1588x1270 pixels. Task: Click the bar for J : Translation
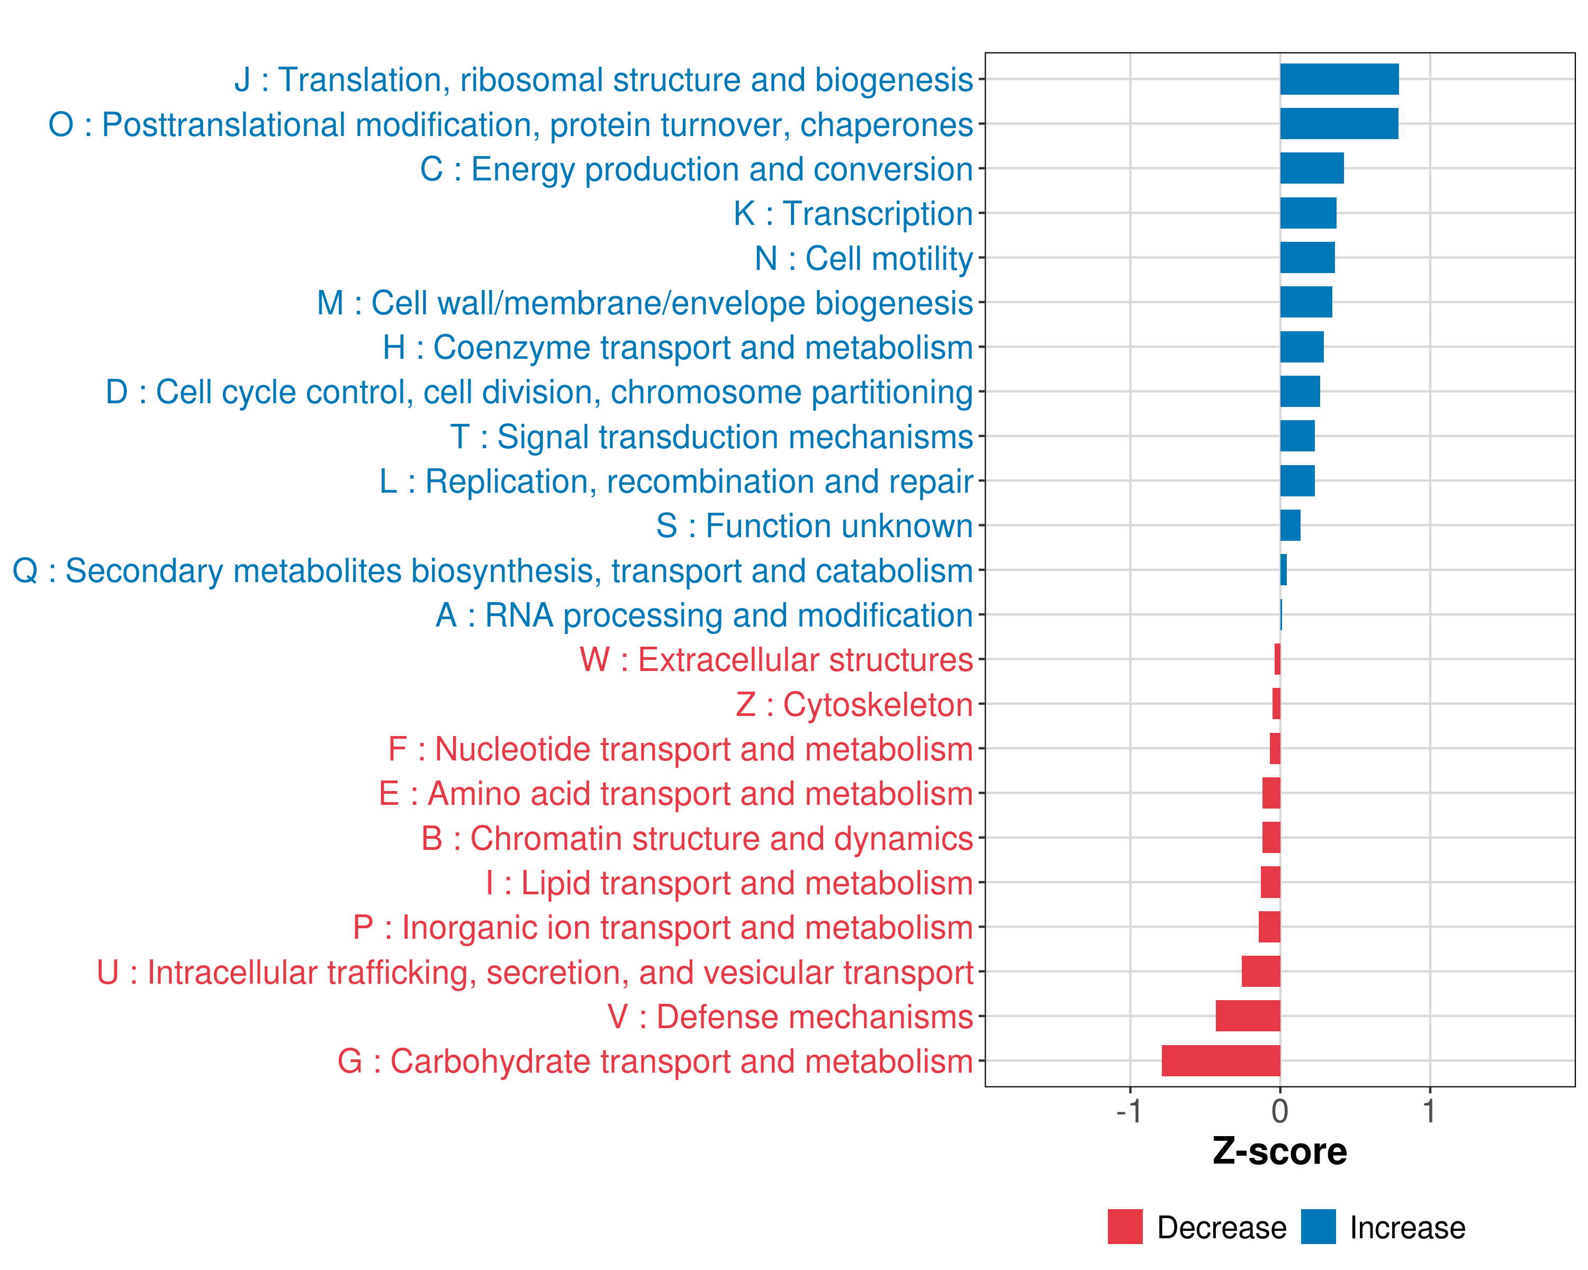(1339, 79)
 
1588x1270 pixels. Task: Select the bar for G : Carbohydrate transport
(1221, 1061)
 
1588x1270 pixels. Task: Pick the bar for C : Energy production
(1312, 169)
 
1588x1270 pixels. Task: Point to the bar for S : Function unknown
(1291, 525)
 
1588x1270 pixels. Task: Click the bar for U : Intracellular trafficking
(1261, 972)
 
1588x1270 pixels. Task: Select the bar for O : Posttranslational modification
(1339, 124)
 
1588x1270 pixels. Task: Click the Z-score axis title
(1280, 1151)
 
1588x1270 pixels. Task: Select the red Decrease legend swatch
(1125, 1227)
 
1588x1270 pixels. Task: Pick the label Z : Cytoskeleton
(854, 704)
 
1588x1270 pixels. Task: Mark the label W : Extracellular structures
(777, 660)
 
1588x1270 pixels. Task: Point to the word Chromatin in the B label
(543, 839)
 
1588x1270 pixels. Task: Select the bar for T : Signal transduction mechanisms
(1297, 436)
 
